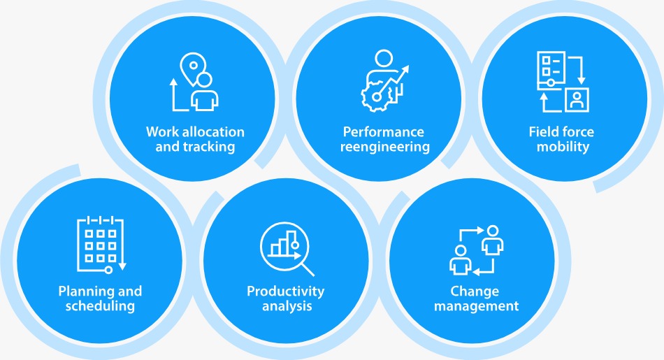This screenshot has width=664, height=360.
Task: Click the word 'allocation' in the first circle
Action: coord(213,131)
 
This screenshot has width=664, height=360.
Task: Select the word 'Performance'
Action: coord(383,131)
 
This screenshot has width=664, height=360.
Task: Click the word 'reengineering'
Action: coord(385,147)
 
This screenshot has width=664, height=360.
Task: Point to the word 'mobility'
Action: coord(563,147)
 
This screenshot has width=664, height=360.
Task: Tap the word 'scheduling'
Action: coord(100,305)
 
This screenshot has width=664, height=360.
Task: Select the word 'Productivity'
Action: coord(285,291)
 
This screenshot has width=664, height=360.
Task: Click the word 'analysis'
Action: coord(287,305)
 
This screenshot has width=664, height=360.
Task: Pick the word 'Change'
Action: coord(475,291)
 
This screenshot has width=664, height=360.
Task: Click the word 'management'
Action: coord(476,305)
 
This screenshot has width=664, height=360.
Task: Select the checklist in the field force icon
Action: coord(551,71)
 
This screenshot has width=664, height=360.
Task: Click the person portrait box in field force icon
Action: coord(577,100)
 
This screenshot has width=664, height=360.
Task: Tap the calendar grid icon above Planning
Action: coord(101,245)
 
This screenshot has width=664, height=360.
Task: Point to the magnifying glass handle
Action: coord(308,270)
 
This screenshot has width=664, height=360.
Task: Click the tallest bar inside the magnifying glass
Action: coord(291,243)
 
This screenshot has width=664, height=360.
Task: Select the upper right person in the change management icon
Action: coord(493,240)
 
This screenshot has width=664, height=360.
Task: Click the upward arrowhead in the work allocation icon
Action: coord(173,82)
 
